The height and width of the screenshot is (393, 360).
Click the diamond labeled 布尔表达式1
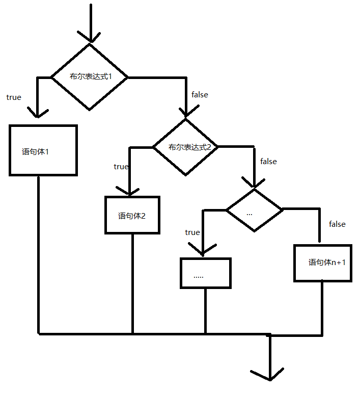(90, 77)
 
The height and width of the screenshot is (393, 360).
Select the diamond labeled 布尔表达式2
(186, 147)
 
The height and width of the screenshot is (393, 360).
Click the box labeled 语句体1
(43, 150)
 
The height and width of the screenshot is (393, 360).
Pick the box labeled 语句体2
(132, 215)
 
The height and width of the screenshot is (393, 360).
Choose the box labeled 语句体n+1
(323, 263)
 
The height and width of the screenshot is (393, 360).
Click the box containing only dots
(206, 273)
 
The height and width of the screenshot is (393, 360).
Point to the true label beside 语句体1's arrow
(14, 97)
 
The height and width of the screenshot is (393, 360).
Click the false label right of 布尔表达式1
(200, 94)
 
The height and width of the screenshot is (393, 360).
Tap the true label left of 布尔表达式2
(121, 166)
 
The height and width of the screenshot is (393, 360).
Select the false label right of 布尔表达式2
(268, 161)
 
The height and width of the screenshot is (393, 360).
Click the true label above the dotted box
(192, 232)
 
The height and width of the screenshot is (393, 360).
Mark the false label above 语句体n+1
(337, 224)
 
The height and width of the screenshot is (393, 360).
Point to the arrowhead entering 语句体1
(37, 112)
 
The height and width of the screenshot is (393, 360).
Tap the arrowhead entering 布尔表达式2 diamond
(186, 112)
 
